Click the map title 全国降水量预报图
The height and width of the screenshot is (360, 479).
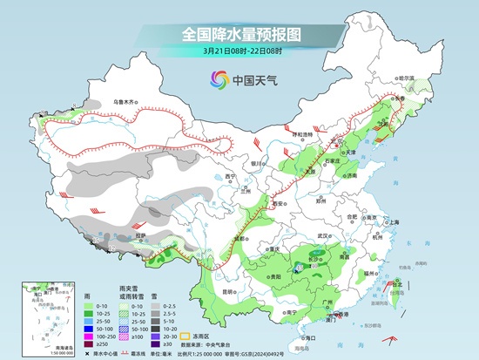[239, 34]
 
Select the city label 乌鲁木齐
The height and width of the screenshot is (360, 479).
[125, 103]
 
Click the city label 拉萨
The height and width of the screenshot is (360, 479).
[141, 234]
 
